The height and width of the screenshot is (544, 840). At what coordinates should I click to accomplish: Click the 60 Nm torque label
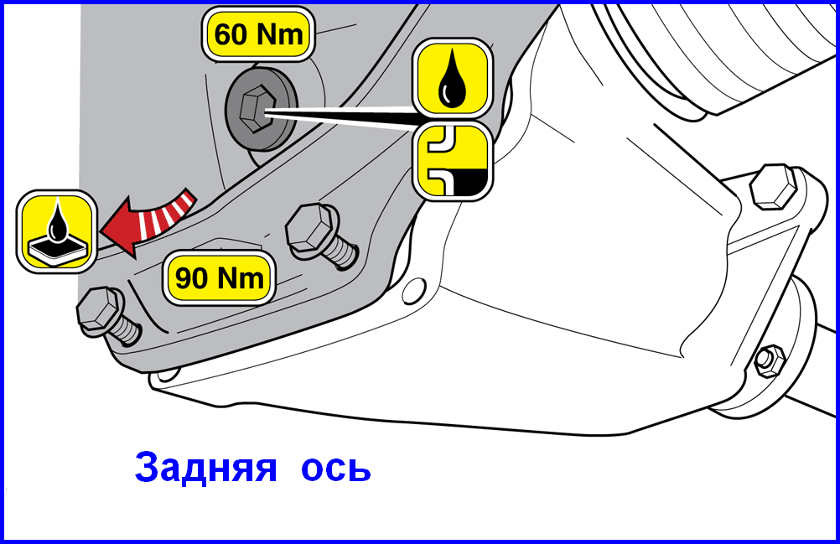pyautogui.click(x=258, y=34)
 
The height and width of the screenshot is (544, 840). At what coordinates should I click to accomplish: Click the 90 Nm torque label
pyautogui.click(x=219, y=278)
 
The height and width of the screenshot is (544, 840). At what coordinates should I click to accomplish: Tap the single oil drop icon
pyautogui.click(x=452, y=78)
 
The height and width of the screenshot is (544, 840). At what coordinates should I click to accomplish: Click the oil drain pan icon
pyautogui.click(x=57, y=231)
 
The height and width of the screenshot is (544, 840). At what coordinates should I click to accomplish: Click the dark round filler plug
pyautogui.click(x=261, y=109)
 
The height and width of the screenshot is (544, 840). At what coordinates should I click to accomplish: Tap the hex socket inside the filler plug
pyautogui.click(x=255, y=109)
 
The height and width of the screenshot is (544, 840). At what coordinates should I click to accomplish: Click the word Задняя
pyautogui.click(x=205, y=467)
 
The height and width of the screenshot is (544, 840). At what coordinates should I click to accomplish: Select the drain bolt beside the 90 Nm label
pyautogui.click(x=320, y=236)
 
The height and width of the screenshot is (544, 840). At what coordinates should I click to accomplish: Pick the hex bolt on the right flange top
pyautogui.click(x=773, y=187)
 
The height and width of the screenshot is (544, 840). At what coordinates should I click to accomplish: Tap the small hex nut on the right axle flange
pyautogui.click(x=770, y=360)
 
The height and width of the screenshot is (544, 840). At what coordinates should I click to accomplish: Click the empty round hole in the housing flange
pyautogui.click(x=414, y=291)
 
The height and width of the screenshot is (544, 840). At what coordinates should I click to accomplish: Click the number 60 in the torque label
pyautogui.click(x=230, y=35)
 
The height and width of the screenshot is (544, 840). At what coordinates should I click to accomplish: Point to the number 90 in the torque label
pyautogui.click(x=191, y=278)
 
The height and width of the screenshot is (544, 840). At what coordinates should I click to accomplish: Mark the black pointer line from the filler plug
pyautogui.click(x=343, y=117)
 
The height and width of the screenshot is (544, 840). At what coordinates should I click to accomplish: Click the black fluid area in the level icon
pyautogui.click(x=466, y=183)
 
